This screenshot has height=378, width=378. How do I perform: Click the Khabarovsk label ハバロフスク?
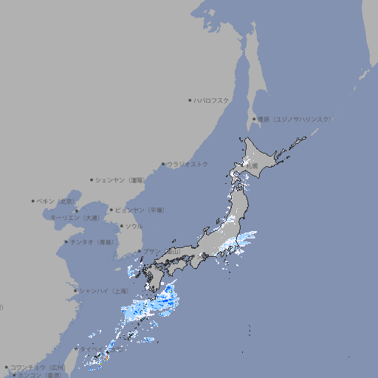212,100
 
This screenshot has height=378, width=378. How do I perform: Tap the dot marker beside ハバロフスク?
190,100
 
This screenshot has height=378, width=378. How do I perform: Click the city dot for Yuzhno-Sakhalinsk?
254,119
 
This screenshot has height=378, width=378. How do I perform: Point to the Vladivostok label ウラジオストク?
188,164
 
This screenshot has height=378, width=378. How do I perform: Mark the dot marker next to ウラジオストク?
163,165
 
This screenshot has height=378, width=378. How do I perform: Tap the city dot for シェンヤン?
92,179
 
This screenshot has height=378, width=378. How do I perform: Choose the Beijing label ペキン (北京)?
56,201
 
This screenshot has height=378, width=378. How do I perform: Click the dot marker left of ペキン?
33,201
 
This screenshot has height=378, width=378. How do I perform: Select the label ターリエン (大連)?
74,218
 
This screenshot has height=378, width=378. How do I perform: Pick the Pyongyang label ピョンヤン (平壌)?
140,210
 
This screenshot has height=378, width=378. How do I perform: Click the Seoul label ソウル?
134,226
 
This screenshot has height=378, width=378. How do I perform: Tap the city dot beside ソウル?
121,226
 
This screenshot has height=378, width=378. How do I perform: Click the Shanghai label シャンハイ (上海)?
103,291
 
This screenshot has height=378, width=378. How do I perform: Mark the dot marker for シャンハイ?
75,291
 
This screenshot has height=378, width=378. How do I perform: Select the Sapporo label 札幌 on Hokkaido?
252,167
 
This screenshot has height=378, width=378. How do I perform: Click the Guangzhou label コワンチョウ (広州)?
38,367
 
